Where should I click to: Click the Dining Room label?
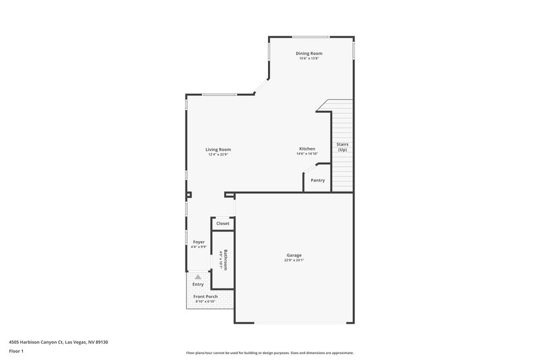(308, 53)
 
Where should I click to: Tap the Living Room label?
(218, 149)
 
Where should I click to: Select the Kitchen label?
(307, 149)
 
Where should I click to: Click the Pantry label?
(317, 180)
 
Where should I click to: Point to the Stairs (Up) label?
(342, 147)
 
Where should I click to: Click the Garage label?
(294, 255)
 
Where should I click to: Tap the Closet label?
(223, 224)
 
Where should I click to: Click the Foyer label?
(198, 242)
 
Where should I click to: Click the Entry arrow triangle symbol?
(198, 277)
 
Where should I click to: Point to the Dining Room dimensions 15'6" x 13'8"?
(308, 59)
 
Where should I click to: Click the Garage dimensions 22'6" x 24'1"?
(294, 261)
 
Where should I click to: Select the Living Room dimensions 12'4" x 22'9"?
(218, 155)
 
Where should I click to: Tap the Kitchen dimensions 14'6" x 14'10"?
(307, 154)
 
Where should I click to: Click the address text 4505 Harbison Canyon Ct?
(58, 342)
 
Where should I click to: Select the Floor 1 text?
(16, 352)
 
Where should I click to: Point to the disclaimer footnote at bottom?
(269, 353)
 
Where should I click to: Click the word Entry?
(198, 285)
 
